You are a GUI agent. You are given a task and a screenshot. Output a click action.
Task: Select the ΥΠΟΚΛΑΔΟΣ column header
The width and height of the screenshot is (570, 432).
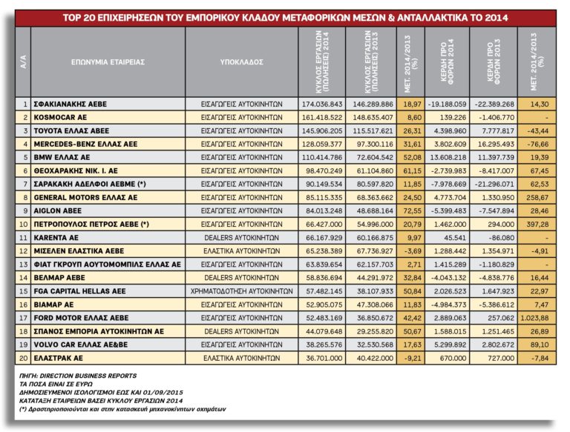(x=242, y=63)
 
